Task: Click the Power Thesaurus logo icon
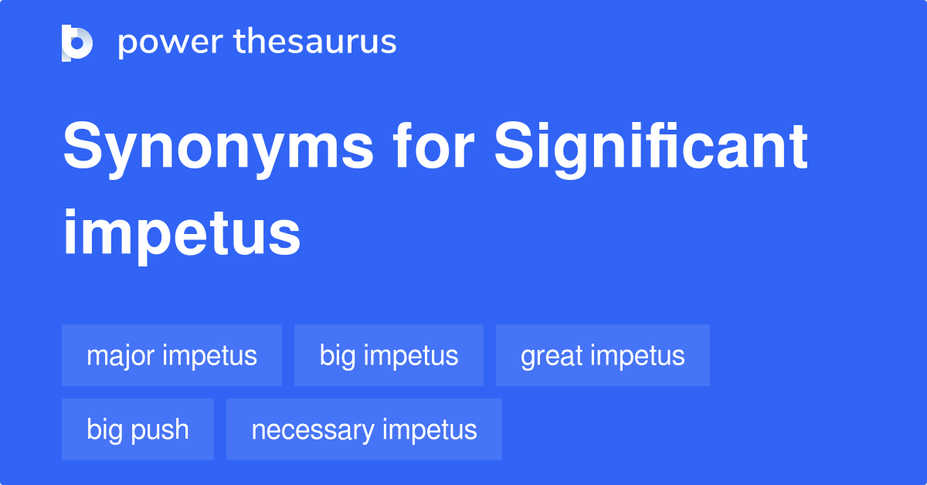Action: coord(77,42)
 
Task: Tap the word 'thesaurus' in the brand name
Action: coord(315,42)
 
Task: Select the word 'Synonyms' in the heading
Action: coord(217,148)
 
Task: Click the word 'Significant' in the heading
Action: coord(651,148)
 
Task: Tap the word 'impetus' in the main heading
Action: coord(182,233)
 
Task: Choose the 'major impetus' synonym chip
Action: coord(171,355)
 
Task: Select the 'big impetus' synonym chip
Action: coord(389,355)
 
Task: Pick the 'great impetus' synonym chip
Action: coord(603,355)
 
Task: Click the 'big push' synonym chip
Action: coord(138,429)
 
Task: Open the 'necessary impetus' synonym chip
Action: coord(364,429)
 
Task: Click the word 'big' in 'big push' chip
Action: coord(104,430)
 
